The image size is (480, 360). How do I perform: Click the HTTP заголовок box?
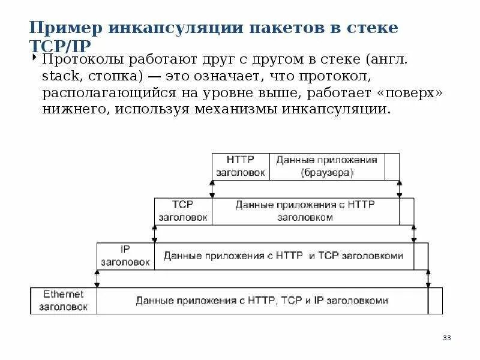point(241,166)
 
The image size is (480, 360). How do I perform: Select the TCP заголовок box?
point(182,211)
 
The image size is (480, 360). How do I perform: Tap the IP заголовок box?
point(125,256)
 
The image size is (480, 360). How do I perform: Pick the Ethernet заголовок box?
point(64,301)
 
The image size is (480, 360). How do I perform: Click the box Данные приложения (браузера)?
point(326,166)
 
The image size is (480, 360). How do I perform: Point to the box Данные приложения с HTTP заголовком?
point(305,211)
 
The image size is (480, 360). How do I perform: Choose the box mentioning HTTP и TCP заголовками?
point(283,256)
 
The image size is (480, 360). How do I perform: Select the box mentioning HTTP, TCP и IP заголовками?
point(262,301)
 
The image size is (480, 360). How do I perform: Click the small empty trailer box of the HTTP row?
point(392,166)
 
